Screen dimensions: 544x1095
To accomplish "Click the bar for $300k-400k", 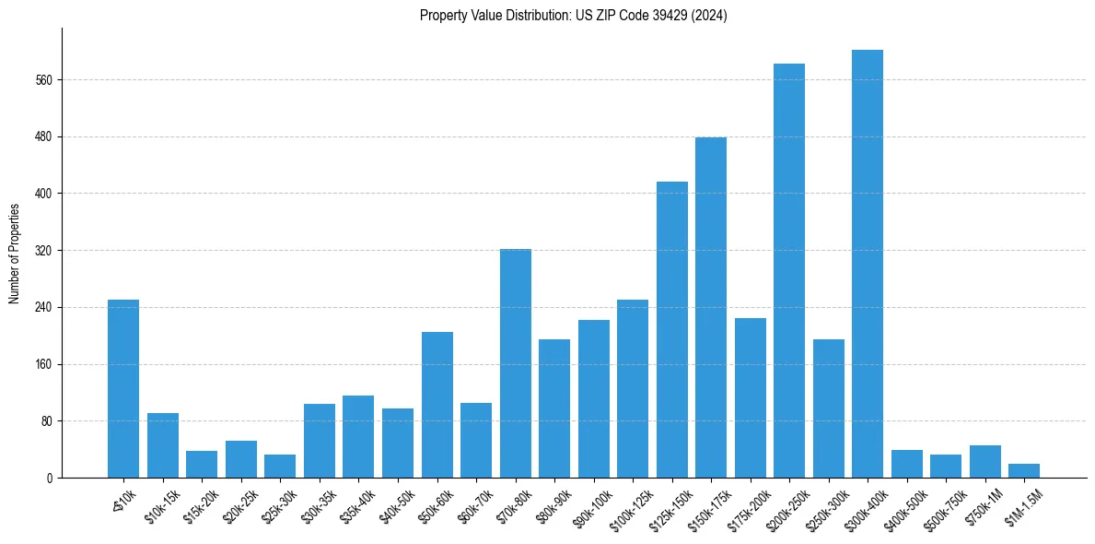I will pos(867,264).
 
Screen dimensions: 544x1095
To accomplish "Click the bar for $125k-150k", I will pos(671,329).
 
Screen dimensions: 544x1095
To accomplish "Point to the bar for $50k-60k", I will pos(437,405).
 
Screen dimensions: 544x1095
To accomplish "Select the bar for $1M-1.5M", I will pos(1023,470).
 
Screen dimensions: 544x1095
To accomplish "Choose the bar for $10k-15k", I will pos(163,445).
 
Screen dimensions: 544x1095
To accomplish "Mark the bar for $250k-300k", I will pos(828,408).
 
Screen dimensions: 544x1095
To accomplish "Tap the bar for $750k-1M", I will pos(984,461).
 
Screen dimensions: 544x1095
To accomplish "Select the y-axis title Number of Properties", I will pos(14,253).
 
